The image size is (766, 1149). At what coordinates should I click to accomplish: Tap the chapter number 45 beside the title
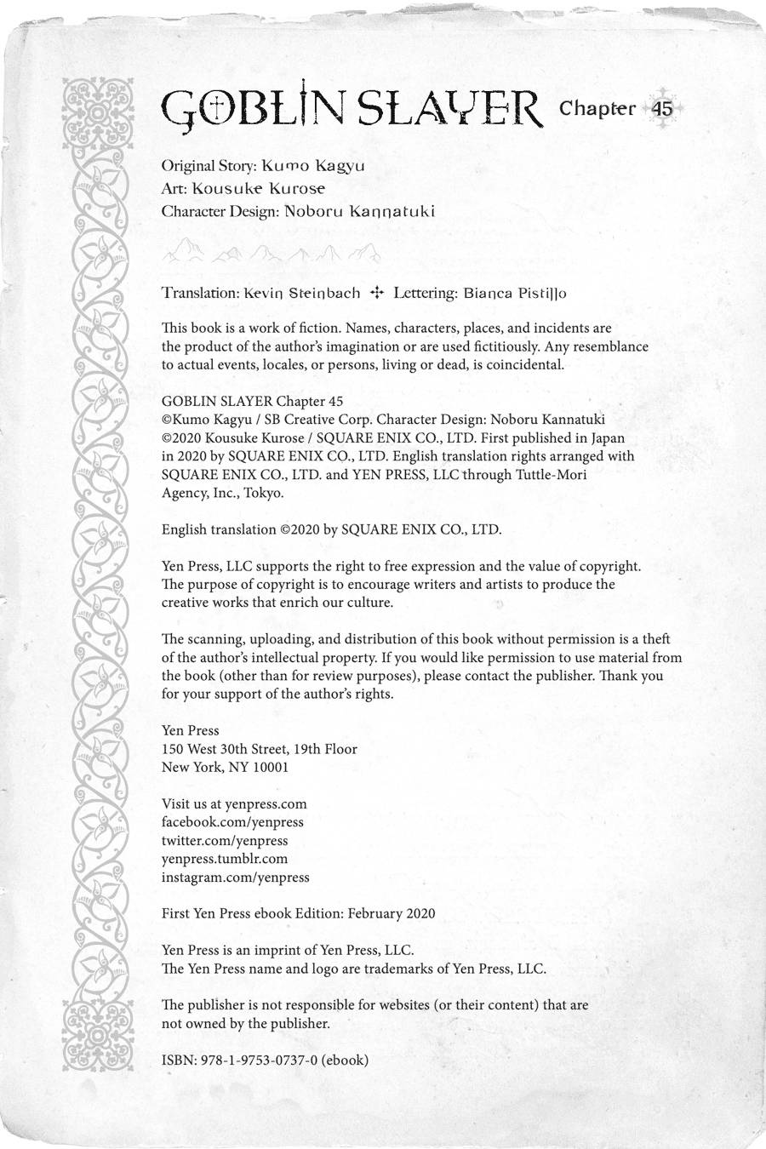pos(662,109)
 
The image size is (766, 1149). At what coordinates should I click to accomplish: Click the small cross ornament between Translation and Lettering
pos(376,293)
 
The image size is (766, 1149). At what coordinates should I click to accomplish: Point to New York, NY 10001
pos(226,767)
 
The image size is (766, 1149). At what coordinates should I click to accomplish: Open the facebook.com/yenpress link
pos(232,822)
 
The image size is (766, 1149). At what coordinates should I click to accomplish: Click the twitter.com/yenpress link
pos(225,841)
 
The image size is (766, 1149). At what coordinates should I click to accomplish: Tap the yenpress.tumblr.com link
pos(225,859)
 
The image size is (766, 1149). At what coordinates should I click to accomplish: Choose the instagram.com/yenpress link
pos(236,877)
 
